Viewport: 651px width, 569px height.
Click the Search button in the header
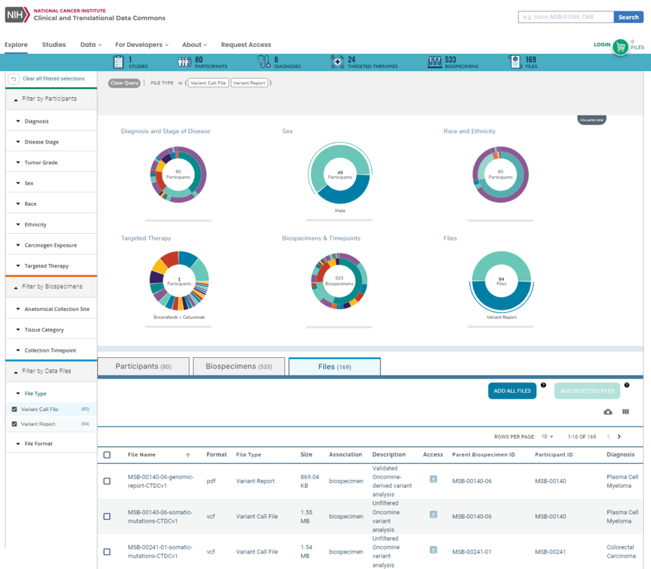click(628, 17)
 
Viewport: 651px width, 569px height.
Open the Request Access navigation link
click(246, 45)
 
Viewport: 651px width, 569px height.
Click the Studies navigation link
click(54, 45)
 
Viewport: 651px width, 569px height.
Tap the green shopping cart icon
click(621, 47)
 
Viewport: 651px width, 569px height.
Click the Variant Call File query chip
click(208, 83)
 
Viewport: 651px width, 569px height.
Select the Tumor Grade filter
click(41, 163)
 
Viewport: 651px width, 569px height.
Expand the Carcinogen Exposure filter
click(50, 245)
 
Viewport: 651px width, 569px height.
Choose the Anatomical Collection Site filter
click(56, 310)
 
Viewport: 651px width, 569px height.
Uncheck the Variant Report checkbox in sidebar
click(15, 424)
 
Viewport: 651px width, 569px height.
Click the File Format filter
click(38, 444)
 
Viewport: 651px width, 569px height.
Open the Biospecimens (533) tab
click(239, 367)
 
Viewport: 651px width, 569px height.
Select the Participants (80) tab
click(143, 367)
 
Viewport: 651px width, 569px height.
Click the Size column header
click(306, 454)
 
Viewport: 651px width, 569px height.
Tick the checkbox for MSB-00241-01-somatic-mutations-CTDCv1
click(107, 552)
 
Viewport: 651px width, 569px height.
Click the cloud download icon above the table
click(608, 412)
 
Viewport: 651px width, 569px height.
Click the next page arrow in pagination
click(619, 437)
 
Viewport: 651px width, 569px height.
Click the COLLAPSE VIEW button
click(591, 120)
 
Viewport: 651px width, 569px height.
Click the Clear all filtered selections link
click(53, 79)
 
